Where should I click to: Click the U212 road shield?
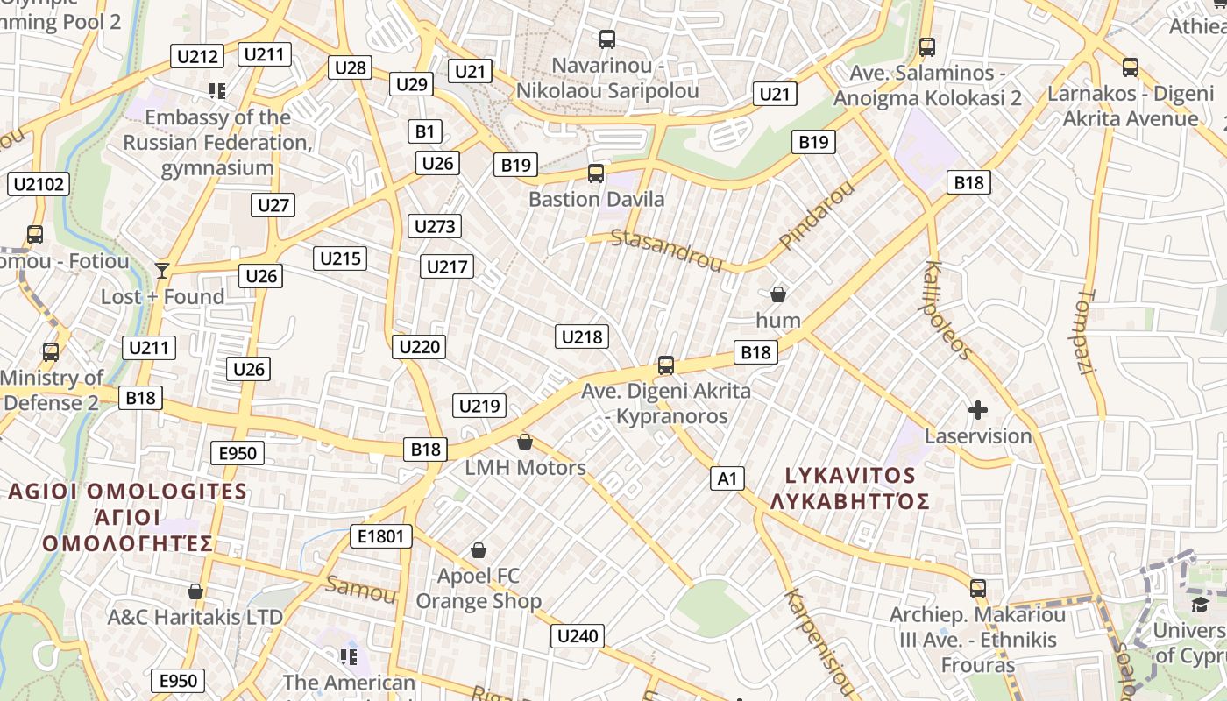(197, 57)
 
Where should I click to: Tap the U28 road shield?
(351, 67)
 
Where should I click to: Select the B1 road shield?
(424, 131)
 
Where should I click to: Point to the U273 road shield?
(435, 227)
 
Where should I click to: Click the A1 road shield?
(727, 478)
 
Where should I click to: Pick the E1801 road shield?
(380, 536)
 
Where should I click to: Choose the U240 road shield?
(578, 636)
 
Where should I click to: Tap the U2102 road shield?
(39, 184)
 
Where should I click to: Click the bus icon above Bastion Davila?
(596, 173)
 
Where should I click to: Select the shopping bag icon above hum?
(777, 294)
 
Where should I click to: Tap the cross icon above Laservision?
(978, 409)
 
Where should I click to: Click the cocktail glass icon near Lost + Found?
(161, 270)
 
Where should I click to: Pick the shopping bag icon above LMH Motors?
(525, 441)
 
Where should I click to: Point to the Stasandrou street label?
(666, 250)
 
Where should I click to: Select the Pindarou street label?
(816, 215)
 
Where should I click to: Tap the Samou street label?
(360, 590)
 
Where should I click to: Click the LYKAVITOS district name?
(849, 476)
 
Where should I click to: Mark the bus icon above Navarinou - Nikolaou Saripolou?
(606, 39)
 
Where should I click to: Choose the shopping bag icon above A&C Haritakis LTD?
(195, 591)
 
